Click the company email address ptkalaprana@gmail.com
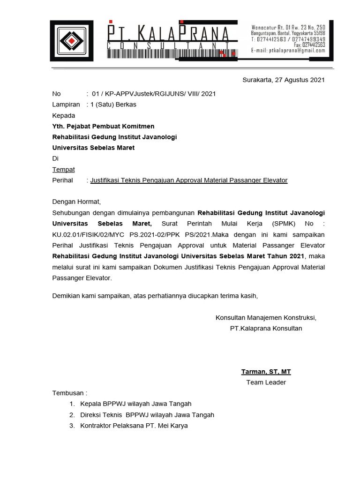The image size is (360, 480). (288, 51)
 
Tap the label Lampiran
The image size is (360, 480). (66, 105)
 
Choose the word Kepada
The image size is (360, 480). (63, 115)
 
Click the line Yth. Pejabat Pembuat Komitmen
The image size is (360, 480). (103, 126)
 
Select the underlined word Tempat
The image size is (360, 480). (63, 169)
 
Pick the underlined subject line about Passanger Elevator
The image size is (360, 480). (189, 180)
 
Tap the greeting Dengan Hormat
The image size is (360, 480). (76, 202)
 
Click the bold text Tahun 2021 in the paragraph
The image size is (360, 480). (286, 256)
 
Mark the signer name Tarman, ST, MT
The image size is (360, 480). (266, 372)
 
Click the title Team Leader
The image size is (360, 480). (266, 382)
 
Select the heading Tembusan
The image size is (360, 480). (69, 393)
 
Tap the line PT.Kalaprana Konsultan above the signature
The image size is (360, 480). (266, 329)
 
